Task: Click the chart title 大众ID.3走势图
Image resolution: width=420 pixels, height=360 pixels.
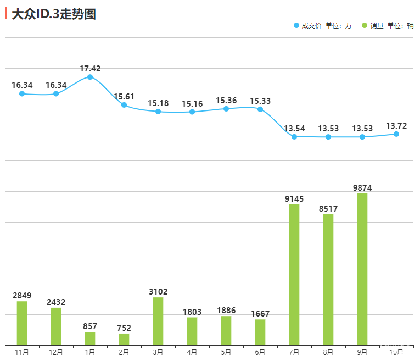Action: point(54,15)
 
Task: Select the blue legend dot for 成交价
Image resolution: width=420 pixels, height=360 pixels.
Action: point(296,25)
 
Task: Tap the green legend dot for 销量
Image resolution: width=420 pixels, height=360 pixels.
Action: point(364,25)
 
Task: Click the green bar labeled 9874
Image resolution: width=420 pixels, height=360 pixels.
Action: point(362,269)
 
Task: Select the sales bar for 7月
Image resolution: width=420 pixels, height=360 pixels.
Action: point(294,275)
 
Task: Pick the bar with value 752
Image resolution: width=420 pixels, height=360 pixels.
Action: point(124,339)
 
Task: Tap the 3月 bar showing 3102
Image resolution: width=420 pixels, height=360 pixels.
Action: point(158,321)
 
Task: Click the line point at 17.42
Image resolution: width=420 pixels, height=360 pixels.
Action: point(90,77)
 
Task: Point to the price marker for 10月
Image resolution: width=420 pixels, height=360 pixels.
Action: point(396,134)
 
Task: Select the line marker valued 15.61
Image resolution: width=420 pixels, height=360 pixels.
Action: point(124,105)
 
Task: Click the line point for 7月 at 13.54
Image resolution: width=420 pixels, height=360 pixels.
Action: point(294,137)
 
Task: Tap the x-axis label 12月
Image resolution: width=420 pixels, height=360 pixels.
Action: point(56,352)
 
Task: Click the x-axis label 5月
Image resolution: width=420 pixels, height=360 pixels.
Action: point(226,352)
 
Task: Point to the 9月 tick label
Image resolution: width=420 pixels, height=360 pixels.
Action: point(362,352)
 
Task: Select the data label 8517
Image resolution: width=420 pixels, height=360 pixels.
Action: point(328,209)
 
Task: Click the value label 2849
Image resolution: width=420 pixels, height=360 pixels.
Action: point(22,296)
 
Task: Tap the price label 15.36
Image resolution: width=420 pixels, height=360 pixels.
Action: point(226,101)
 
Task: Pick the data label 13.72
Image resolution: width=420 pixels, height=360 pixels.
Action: point(396,126)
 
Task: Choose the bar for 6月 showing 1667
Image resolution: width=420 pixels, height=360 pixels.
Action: point(260,332)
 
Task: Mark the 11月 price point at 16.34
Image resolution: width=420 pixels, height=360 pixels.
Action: point(22,94)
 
